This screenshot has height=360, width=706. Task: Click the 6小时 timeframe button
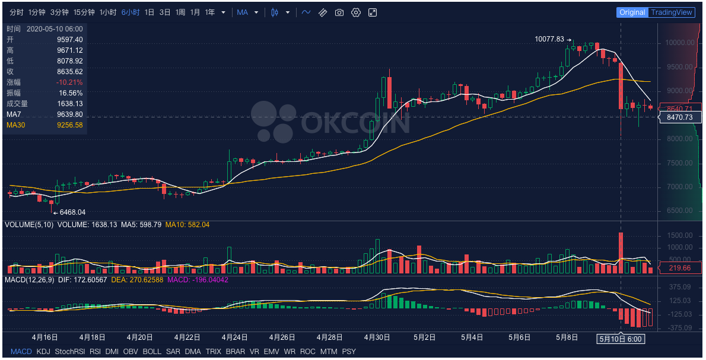(130, 12)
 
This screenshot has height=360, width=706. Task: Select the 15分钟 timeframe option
(84, 12)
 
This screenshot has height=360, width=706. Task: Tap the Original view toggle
(632, 12)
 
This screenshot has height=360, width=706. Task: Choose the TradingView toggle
(671, 12)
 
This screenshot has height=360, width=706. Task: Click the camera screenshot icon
(339, 12)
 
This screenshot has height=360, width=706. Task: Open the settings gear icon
(356, 12)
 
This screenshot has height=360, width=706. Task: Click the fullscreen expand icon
(372, 12)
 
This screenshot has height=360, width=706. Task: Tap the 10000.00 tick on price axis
(680, 43)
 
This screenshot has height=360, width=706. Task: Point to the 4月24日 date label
(234, 337)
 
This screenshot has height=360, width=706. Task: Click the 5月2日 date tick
(424, 337)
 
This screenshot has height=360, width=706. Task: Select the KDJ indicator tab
(43, 352)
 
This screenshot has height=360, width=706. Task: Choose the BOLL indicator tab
(152, 352)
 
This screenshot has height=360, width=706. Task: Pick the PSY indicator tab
(349, 352)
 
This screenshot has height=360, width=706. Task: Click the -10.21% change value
(69, 82)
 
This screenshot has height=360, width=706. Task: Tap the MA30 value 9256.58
(69, 125)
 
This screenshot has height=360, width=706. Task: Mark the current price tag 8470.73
(680, 117)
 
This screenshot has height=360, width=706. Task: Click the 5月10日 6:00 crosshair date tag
(621, 339)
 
